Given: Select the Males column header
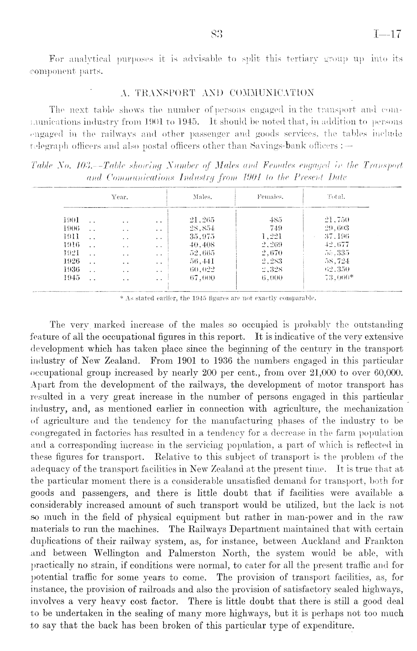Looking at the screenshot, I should [202, 197].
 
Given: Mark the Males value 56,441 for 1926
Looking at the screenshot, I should [203, 261].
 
